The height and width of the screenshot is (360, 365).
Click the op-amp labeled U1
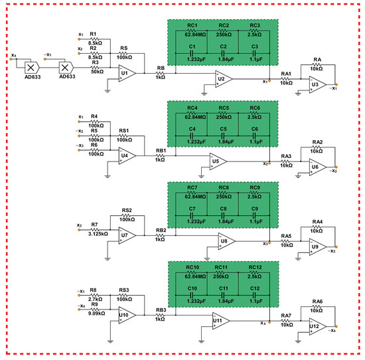tap(126, 73)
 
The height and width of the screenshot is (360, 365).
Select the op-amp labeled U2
tap(221, 80)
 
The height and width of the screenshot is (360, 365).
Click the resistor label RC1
tap(192, 25)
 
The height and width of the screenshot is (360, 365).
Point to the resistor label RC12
tap(255, 267)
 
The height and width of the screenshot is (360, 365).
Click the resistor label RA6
tap(317, 302)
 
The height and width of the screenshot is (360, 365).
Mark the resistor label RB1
tap(160, 151)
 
